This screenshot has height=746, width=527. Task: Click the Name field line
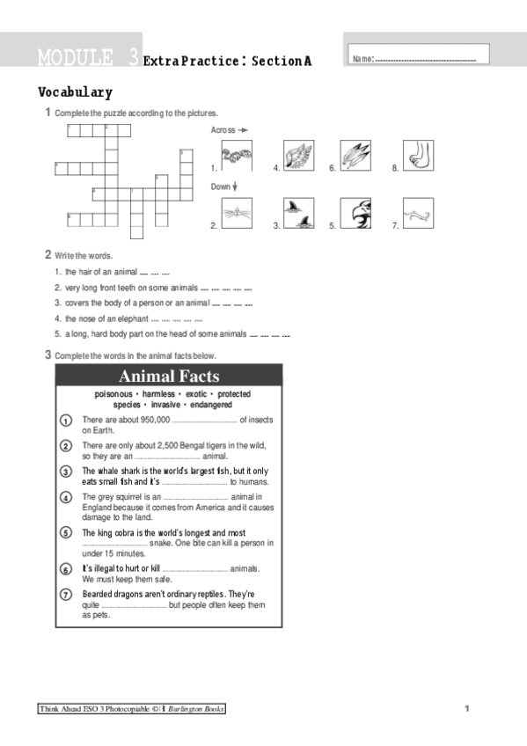point(426,60)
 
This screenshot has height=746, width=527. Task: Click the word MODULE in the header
point(75,58)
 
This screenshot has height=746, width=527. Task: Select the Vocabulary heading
point(75,91)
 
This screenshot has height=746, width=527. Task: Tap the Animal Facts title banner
point(169,377)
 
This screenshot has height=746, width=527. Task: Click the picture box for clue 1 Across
point(237,156)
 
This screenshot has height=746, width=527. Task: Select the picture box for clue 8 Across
point(418,156)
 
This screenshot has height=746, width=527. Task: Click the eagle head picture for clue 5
point(356,212)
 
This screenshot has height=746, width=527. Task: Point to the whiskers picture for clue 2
point(237,212)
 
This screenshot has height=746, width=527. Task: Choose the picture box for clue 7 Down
point(418,212)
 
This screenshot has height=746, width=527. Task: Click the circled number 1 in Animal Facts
point(66,421)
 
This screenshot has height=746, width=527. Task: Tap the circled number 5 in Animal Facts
point(66,534)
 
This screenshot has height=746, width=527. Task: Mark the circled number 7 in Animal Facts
point(66,596)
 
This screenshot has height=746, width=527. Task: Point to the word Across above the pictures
point(223,130)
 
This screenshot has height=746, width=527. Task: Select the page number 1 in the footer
point(468,708)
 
